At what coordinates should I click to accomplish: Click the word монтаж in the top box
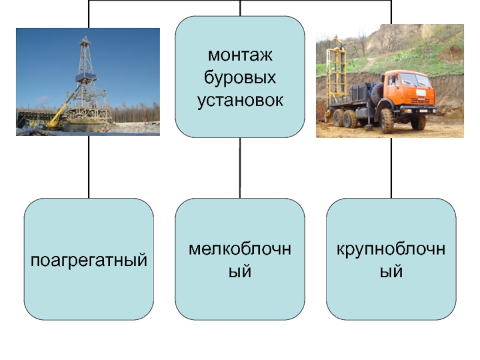pyautogui.click(x=240, y=56)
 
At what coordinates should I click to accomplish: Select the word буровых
pyautogui.click(x=240, y=77)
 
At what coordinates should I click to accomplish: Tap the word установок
pyautogui.click(x=240, y=99)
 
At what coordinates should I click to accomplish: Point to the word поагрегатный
pyautogui.click(x=89, y=260)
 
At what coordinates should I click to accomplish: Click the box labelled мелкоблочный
pyautogui.click(x=240, y=259)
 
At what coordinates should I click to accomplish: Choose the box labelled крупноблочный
pyautogui.click(x=391, y=259)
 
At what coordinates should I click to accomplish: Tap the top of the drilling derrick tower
pyautogui.click(x=85, y=41)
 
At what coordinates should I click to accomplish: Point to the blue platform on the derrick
pyautogui.click(x=86, y=77)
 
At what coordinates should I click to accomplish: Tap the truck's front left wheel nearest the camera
pyautogui.click(x=387, y=121)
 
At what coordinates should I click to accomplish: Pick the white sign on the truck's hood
pyautogui.click(x=421, y=92)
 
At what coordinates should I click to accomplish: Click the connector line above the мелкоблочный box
pyautogui.click(x=240, y=168)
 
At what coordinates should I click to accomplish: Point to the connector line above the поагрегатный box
pyautogui.click(x=89, y=168)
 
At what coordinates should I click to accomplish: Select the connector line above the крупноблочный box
pyautogui.click(x=391, y=168)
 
